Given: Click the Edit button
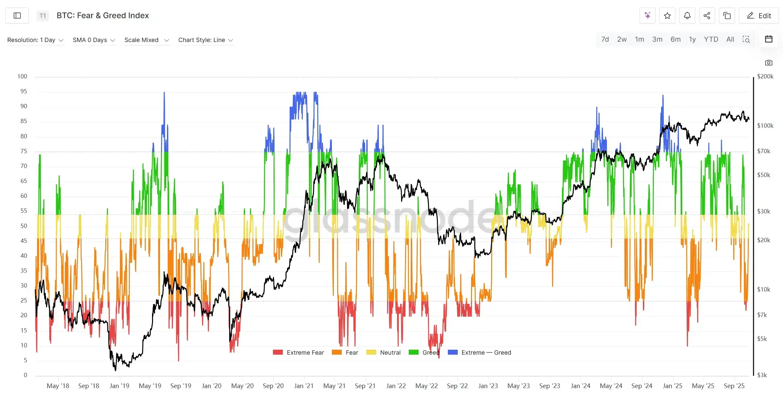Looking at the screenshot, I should pos(758,16).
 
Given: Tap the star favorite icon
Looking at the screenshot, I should pos(667,16).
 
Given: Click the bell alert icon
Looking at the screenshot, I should pos(687,16).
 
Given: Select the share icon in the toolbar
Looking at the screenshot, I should pos(707,16).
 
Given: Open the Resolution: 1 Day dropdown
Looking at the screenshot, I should pos(35,40).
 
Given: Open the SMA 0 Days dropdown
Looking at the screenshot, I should pos(94,40).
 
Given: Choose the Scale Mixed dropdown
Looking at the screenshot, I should pos(146,40).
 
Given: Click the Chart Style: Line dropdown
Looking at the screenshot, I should pos(205,40).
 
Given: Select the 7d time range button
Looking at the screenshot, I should pos(605,39).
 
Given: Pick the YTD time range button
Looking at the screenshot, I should pos(711,39).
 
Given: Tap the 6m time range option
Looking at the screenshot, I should pos(675,39).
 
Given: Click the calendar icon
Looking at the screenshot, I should pos(768,39).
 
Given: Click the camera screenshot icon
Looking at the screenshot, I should pos(768,63).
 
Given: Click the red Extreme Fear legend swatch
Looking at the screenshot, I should pos(278,352).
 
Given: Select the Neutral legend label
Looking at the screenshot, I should pos(390,353).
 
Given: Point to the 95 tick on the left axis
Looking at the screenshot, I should pos(24,91).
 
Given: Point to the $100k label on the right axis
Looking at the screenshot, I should pos(765,126).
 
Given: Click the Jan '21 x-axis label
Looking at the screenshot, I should pos(303,386).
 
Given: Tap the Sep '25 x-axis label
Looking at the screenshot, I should pos(734,386).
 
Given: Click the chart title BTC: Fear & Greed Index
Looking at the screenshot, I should pos(103,16).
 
